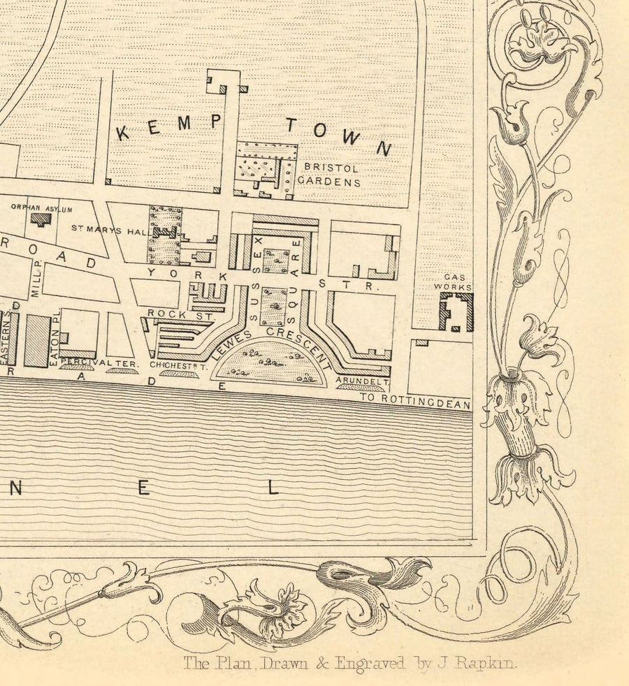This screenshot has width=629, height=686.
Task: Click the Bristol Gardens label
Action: click(x=330, y=175)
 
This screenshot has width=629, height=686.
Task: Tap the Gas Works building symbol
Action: click(x=456, y=312)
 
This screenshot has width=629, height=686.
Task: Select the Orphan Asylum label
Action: click(x=42, y=207)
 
